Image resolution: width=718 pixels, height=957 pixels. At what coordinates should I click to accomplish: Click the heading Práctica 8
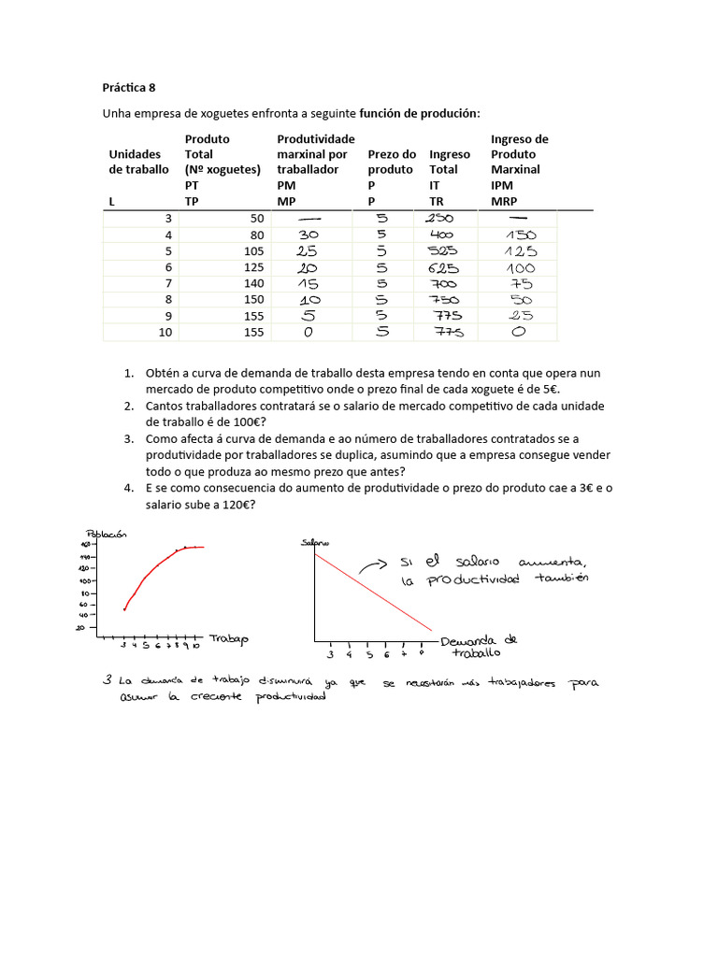click(x=129, y=88)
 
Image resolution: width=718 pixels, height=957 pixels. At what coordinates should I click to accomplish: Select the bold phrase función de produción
click(x=420, y=113)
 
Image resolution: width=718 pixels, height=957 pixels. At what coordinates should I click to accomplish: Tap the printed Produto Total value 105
click(x=250, y=251)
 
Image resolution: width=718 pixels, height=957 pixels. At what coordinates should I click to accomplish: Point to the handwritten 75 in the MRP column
click(x=521, y=284)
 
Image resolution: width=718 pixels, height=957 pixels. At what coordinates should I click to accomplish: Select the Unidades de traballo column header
click(x=138, y=162)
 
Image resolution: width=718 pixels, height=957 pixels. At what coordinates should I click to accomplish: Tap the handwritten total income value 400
click(x=442, y=236)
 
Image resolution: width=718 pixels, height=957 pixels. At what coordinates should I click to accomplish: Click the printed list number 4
click(x=129, y=489)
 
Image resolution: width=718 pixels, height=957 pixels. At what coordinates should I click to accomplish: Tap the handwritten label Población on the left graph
click(x=106, y=534)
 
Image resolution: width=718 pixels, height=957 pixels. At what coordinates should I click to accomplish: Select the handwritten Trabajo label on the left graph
click(x=229, y=638)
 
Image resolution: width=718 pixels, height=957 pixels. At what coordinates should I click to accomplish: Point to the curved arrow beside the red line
click(x=372, y=564)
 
